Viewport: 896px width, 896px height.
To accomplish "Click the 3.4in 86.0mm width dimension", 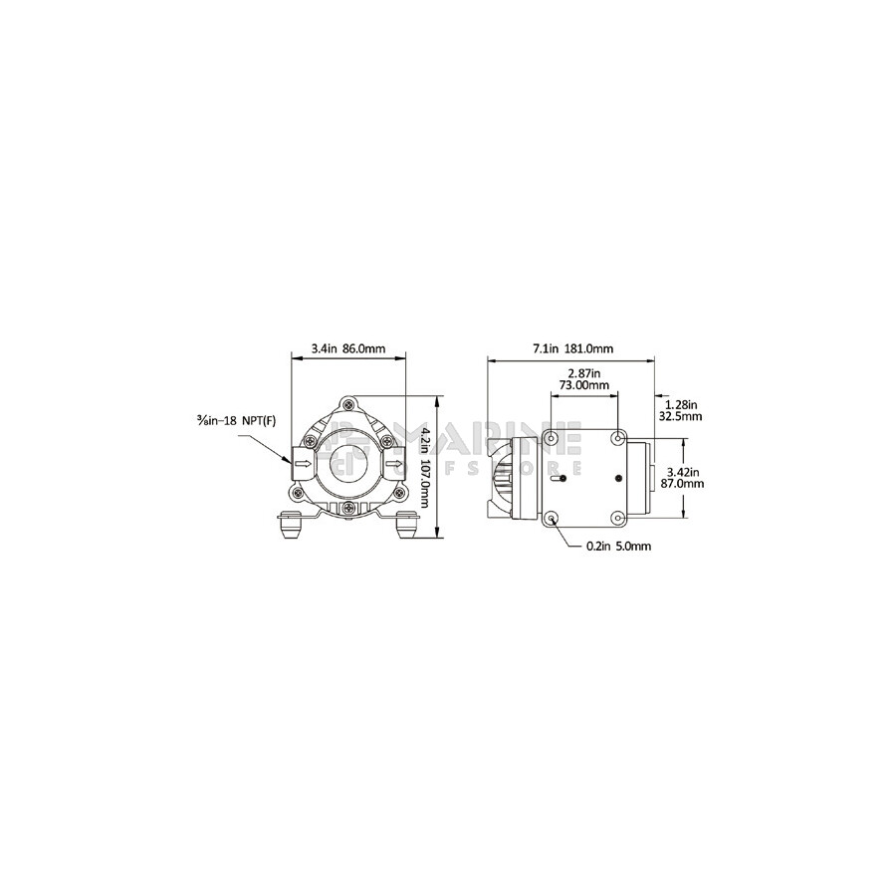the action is click(x=348, y=348).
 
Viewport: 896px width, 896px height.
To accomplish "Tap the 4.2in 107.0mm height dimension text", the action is click(x=424, y=467).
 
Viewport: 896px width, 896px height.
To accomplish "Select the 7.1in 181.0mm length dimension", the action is click(x=572, y=348).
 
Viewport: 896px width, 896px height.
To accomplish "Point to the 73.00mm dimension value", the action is click(x=583, y=385).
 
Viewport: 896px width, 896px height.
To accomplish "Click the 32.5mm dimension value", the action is click(x=680, y=416).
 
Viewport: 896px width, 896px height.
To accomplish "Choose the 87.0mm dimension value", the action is click(x=686, y=484).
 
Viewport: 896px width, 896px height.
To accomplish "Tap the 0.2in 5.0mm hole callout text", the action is click(x=618, y=547).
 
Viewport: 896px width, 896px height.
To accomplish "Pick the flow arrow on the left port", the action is click(x=304, y=463).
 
